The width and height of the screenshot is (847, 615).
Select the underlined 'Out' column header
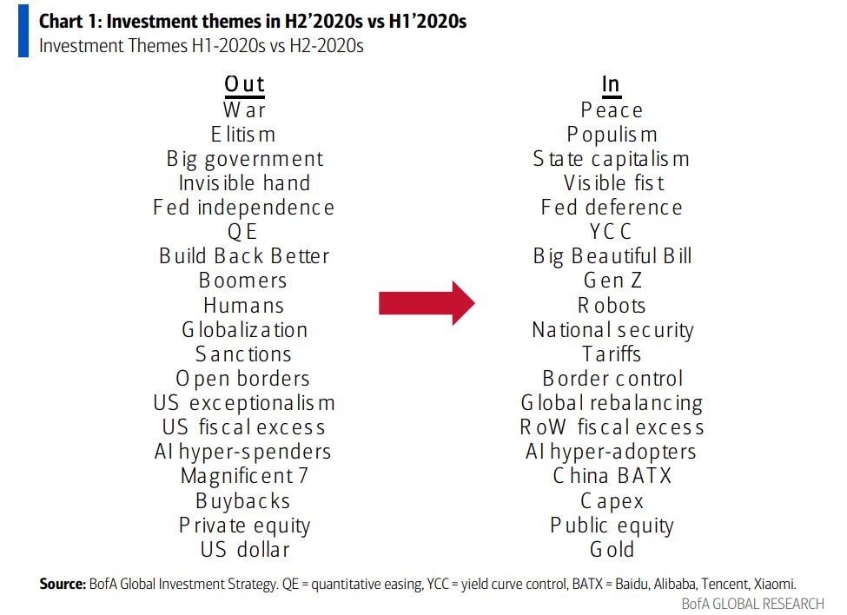[244, 84]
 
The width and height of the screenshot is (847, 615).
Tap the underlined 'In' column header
[611, 84]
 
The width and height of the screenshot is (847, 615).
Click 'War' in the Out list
[244, 109]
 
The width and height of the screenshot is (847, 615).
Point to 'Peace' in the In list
[612, 109]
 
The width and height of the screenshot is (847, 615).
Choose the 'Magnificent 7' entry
[244, 476]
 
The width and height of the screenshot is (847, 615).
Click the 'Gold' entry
[612, 549]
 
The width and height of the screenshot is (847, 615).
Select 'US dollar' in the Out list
[244, 549]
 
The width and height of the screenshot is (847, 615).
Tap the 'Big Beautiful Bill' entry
[612, 256]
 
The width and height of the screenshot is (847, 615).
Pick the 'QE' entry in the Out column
[244, 232]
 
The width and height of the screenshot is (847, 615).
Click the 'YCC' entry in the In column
[612, 232]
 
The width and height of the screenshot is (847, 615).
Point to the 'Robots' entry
[612, 305]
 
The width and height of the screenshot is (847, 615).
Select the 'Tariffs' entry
[612, 354]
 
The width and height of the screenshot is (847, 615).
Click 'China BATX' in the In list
[612, 476]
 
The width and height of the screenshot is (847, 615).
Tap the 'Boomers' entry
[244, 281]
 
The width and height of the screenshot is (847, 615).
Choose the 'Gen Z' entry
[612, 281]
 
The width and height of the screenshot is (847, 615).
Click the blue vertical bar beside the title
[23, 33]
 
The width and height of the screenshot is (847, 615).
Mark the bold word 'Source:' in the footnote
[63, 584]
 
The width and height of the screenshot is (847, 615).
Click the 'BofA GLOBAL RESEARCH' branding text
[752, 604]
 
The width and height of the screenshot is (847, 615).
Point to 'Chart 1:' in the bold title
[68, 21]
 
